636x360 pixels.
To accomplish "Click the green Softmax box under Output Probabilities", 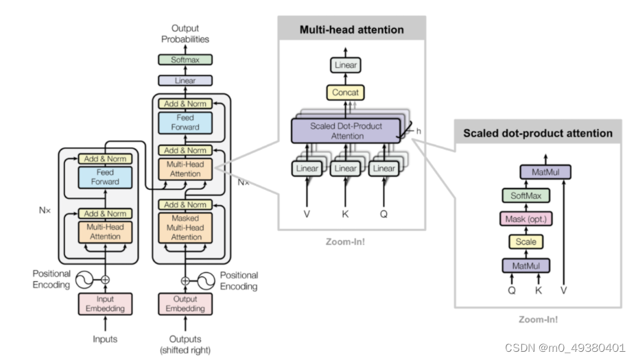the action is (185, 60).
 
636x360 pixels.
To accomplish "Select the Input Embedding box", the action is (105, 304).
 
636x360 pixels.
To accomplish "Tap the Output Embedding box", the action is (185, 304).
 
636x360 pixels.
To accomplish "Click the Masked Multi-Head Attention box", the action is (185, 228).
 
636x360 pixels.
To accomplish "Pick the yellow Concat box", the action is (345, 93).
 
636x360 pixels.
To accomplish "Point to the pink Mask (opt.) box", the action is (526, 219).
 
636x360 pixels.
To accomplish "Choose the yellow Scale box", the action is (526, 241).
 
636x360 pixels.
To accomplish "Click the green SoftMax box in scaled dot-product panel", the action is (526, 196).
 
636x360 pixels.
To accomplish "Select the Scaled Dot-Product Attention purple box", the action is (346, 131).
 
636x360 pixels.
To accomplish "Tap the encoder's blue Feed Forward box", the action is (105, 177).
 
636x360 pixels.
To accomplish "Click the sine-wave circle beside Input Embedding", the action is (84, 280).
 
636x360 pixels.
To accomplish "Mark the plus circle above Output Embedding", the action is (185, 280).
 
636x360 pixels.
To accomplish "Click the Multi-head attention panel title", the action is (352, 29).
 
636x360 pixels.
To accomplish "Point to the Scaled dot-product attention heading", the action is (538, 134).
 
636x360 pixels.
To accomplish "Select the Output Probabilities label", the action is (185, 34).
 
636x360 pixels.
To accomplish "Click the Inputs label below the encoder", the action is (105, 339).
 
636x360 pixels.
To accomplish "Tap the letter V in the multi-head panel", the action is (307, 214).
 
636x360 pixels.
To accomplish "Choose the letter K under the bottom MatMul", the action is (539, 290).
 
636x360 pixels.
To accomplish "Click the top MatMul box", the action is (545, 172).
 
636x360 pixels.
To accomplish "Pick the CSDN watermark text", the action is (565, 348).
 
